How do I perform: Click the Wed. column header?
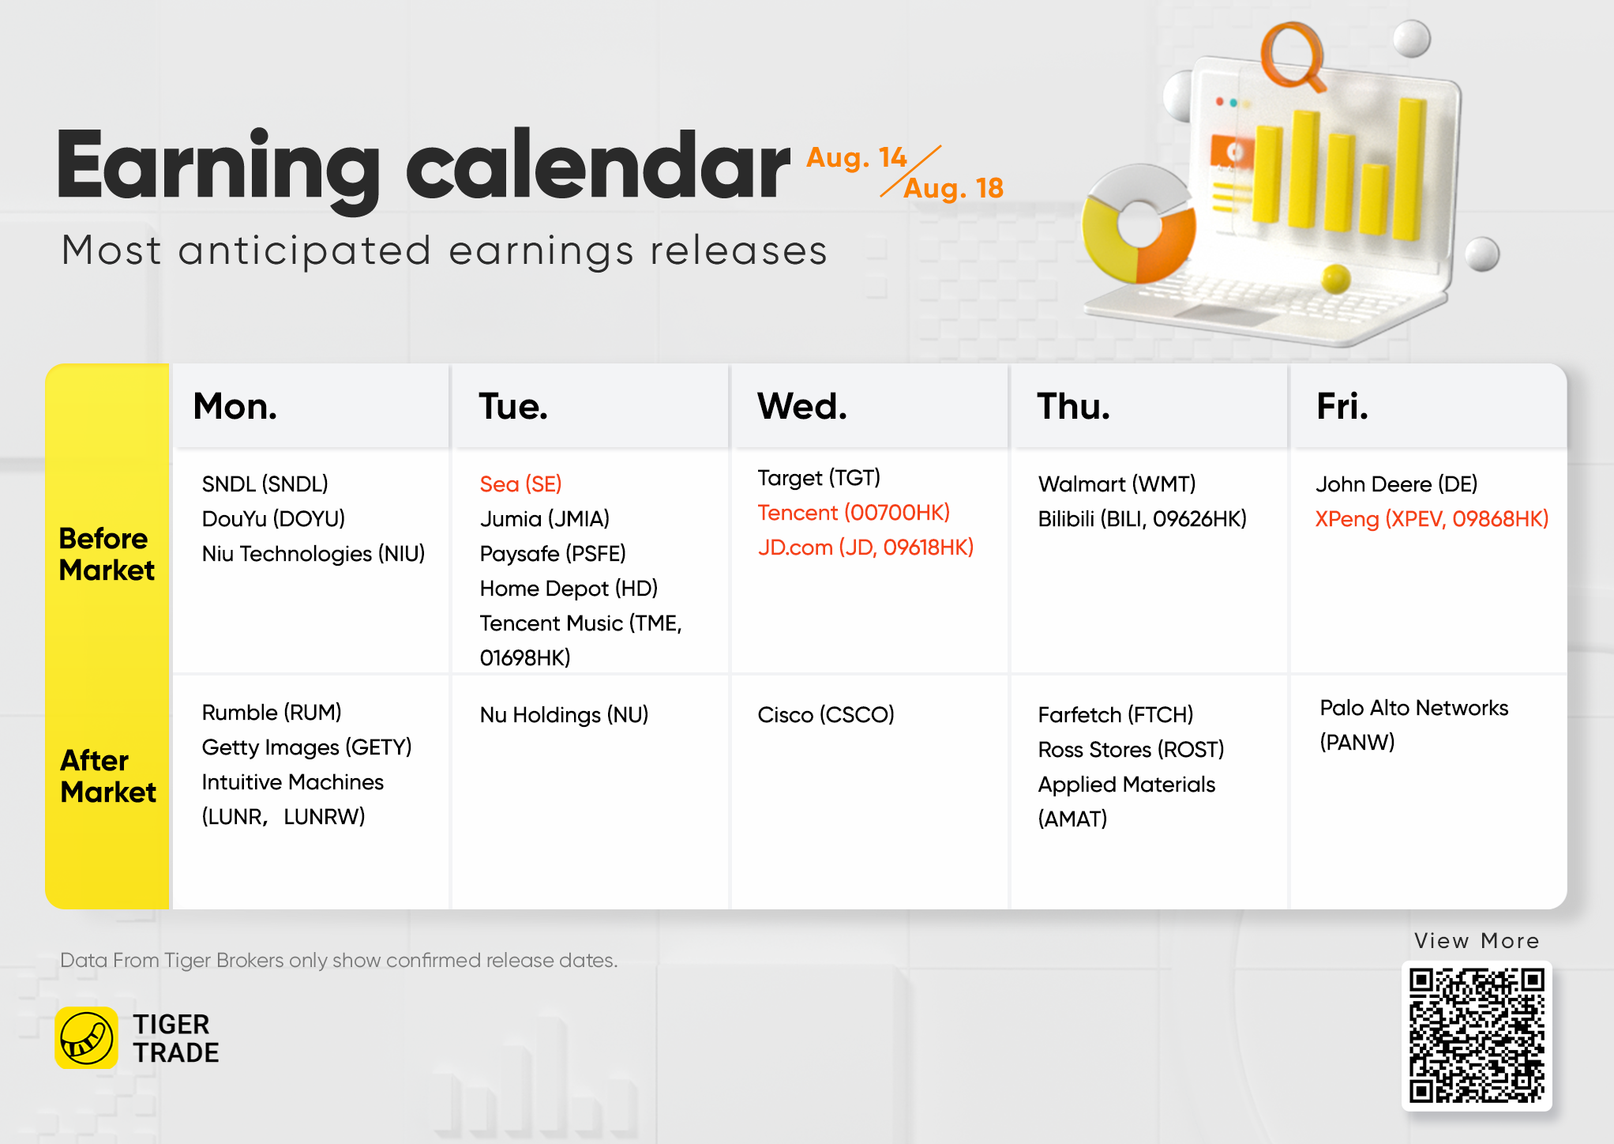coord(801,406)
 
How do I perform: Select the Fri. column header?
coord(1342,406)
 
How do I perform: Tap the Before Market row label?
coord(107,554)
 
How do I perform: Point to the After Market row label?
coord(108,776)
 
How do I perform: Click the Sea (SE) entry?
coord(520,484)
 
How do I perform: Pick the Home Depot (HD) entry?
coord(569,588)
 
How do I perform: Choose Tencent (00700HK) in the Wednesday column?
coord(854,512)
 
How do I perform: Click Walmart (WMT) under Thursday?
coord(1117,484)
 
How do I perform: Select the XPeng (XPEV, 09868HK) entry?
coord(1432,518)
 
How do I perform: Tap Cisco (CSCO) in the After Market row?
coord(826,714)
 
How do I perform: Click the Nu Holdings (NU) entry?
coord(564,714)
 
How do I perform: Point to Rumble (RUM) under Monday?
coord(272,712)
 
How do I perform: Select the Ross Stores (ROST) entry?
coord(1131,749)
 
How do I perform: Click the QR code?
coord(1477,1036)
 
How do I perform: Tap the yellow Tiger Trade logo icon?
coord(87,1038)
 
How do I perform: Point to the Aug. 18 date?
coord(954,188)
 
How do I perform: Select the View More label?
coord(1477,940)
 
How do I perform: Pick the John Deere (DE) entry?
coord(1396,484)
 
